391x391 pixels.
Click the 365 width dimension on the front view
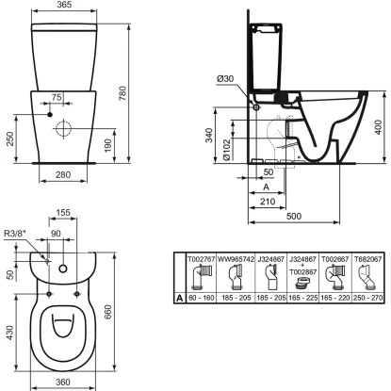point(64,7)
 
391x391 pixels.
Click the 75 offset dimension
point(57,96)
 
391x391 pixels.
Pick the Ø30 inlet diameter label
point(228,79)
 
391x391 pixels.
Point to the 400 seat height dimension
point(377,125)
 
